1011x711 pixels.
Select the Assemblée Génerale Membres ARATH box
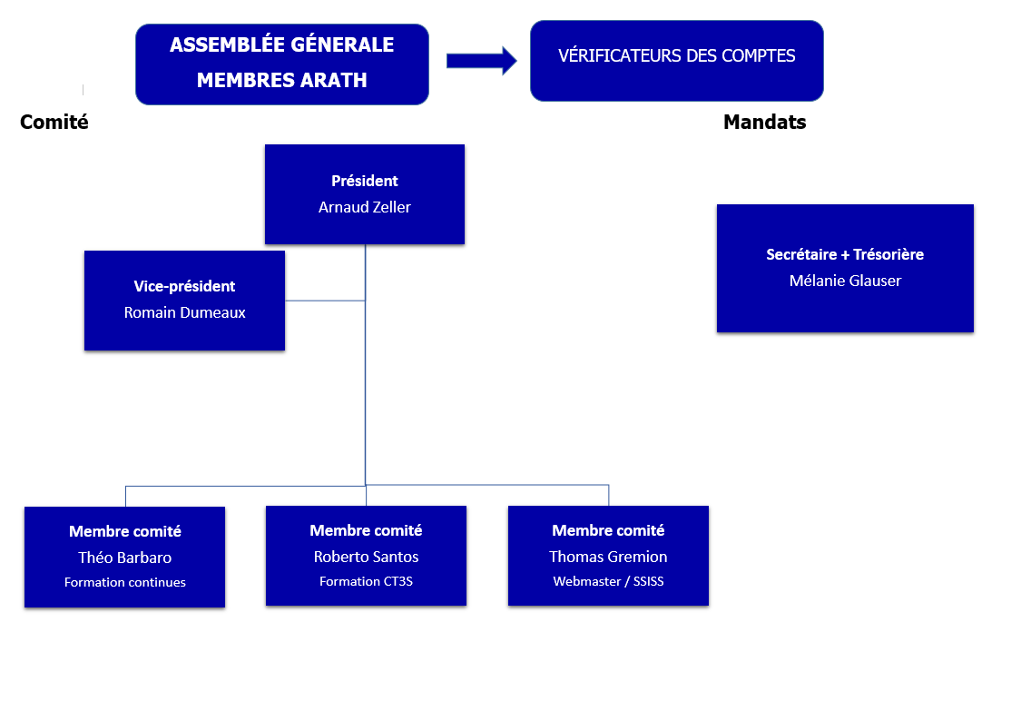coord(281,64)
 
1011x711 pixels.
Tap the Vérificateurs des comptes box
coord(676,60)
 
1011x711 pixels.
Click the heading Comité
coord(54,122)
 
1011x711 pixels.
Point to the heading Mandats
coord(764,122)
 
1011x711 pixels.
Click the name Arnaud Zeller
coord(365,207)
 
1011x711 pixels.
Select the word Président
coord(365,181)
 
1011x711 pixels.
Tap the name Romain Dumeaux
coord(184,312)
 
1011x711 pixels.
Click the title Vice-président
coord(184,286)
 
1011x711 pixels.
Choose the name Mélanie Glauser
coord(845,281)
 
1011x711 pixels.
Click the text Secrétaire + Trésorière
coord(845,254)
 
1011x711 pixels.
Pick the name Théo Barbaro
coord(125,558)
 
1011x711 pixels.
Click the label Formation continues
coord(125,582)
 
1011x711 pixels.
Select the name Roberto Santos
coord(366,557)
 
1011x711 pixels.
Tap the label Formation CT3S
coord(366,581)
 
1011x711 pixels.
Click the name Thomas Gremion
coord(608,557)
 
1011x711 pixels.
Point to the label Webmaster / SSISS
coord(608,581)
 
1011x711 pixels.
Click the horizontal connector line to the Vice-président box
coord(325,301)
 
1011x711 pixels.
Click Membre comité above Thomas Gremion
coord(608,530)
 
